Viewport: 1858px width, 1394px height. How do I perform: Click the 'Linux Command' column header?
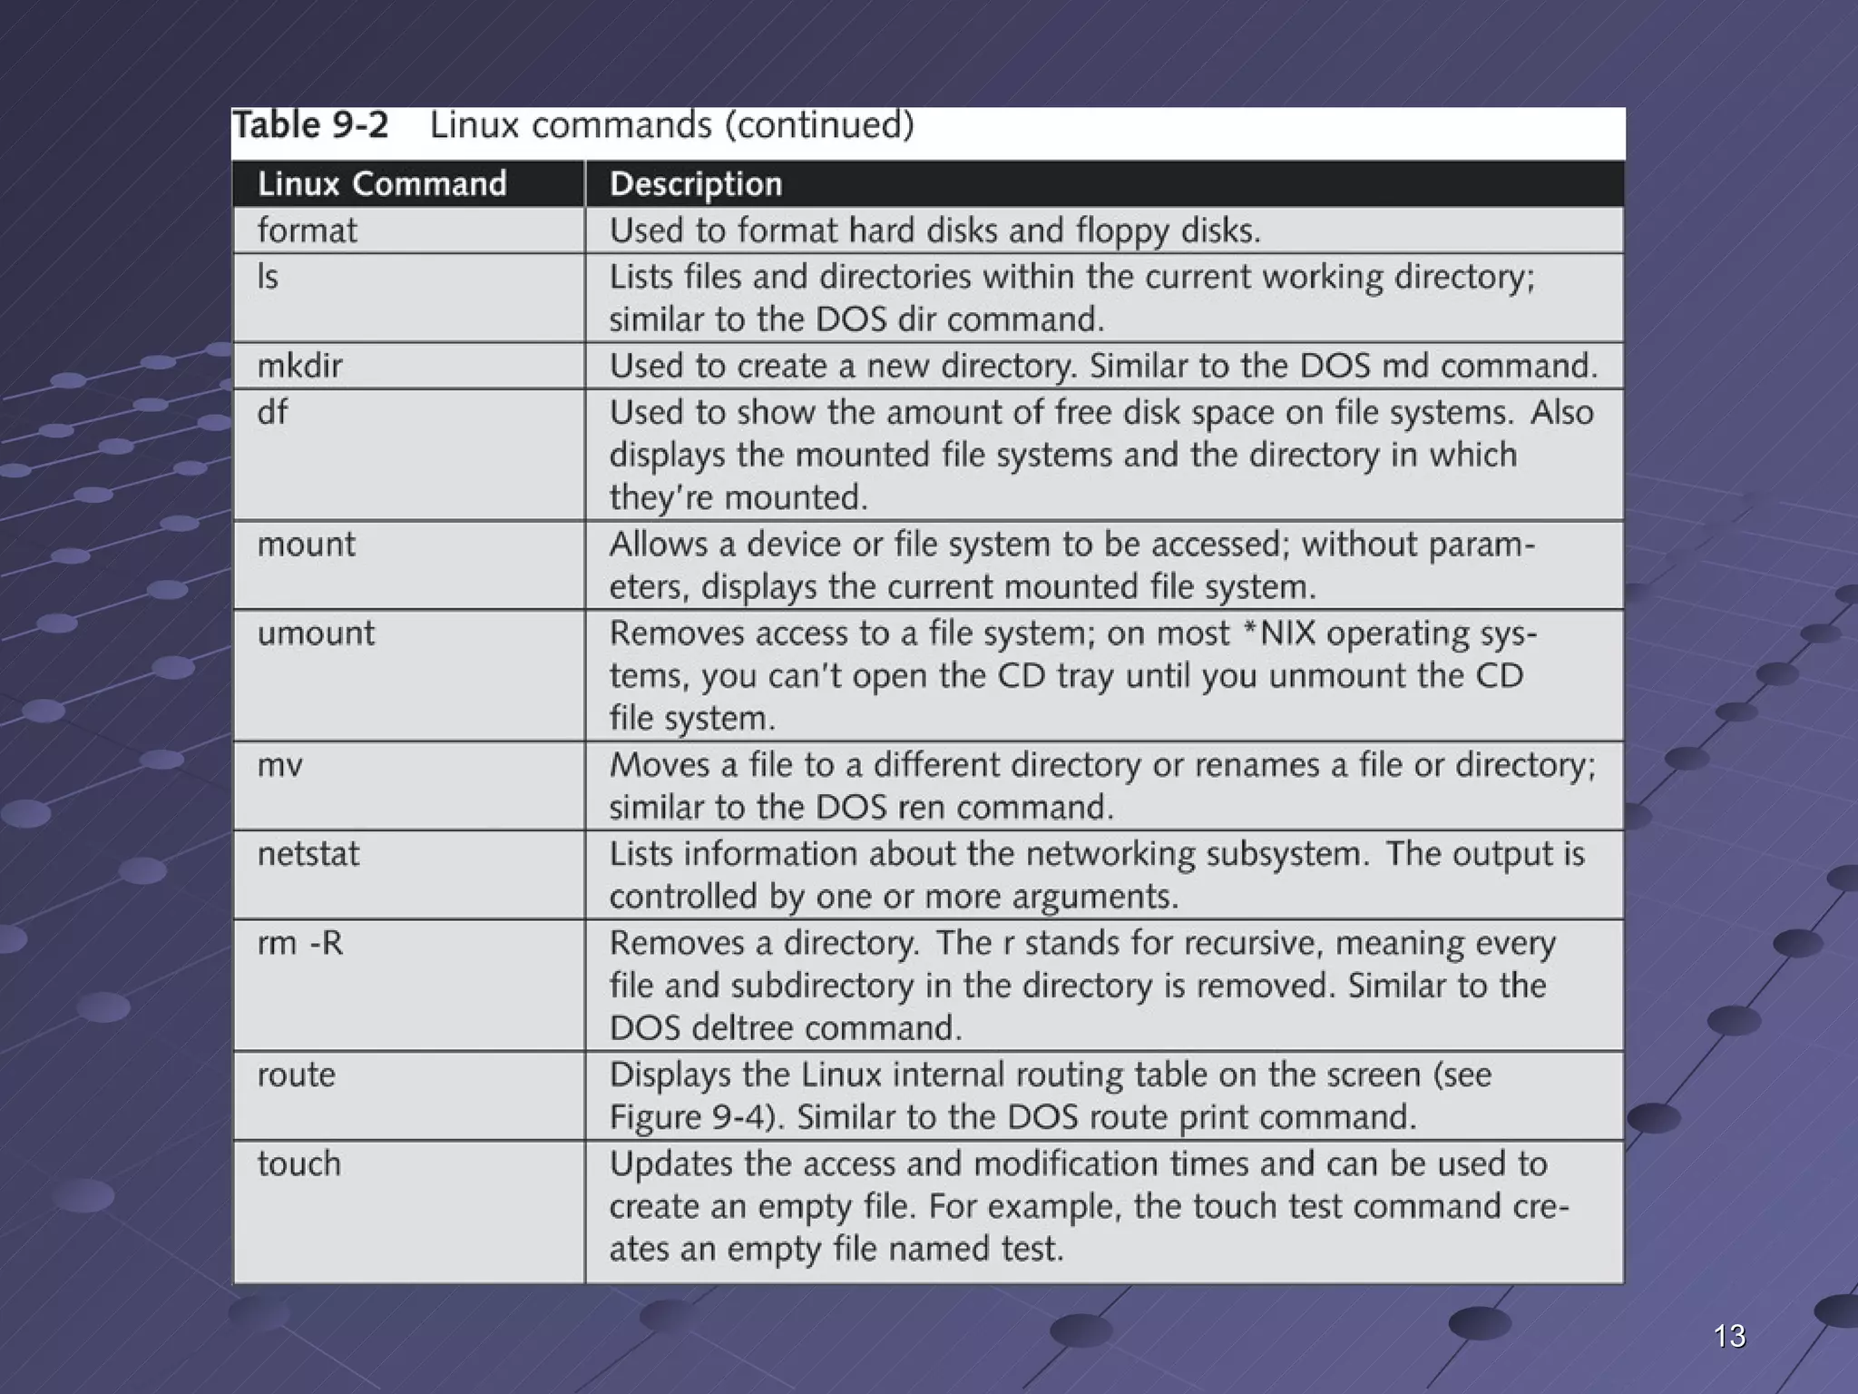coord(382,184)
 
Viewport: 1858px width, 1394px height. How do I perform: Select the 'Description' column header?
coord(695,184)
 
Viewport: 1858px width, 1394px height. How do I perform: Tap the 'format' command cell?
coord(307,231)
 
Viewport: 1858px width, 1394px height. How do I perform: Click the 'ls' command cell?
coord(268,277)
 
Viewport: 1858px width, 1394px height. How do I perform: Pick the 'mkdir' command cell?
coord(299,366)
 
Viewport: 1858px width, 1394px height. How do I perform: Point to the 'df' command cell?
coord(272,413)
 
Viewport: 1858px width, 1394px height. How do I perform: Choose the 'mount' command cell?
coord(306,545)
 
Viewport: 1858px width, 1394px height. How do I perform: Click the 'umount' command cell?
coord(315,633)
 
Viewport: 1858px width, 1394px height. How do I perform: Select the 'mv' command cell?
coord(279,765)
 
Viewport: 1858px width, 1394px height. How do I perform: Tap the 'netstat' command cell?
coord(308,854)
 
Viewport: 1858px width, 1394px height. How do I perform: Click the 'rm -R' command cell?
coord(300,943)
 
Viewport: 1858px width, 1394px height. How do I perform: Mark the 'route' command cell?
coord(296,1075)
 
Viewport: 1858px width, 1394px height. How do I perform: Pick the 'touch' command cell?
coord(298,1163)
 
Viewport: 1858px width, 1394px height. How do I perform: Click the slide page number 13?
coord(1729,1336)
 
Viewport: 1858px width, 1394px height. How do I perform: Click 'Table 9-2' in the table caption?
coord(311,125)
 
